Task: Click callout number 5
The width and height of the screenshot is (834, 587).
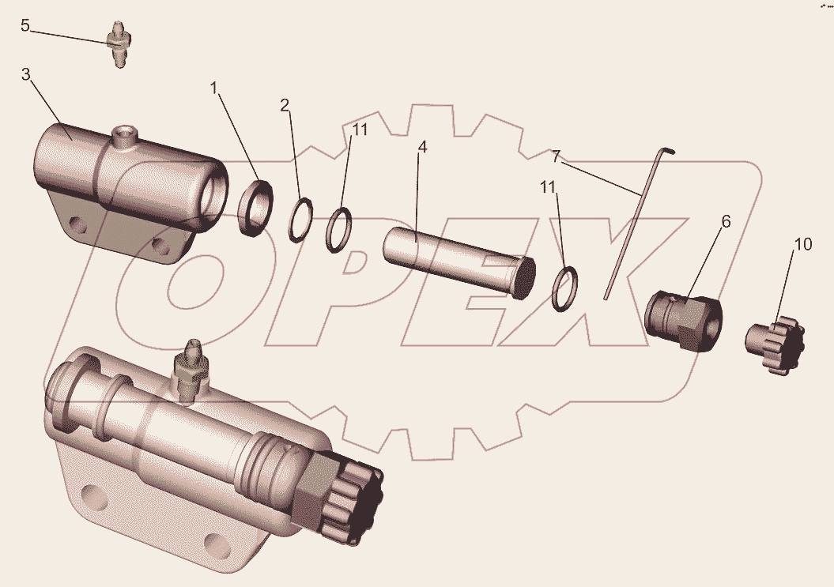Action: [x=25, y=25]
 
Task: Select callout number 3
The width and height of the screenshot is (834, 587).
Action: [x=25, y=74]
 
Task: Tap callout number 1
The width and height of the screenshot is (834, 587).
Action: [x=214, y=88]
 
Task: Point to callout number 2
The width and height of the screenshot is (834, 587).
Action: [x=285, y=105]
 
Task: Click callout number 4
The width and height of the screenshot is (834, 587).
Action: [x=422, y=147]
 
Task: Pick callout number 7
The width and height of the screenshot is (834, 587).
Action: [x=556, y=156]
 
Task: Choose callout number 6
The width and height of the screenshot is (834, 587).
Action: [x=726, y=221]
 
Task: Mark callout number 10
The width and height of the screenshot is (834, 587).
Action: [x=803, y=244]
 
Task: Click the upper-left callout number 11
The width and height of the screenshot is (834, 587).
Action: [x=360, y=130]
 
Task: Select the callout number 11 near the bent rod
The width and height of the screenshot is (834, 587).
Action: [x=548, y=187]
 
